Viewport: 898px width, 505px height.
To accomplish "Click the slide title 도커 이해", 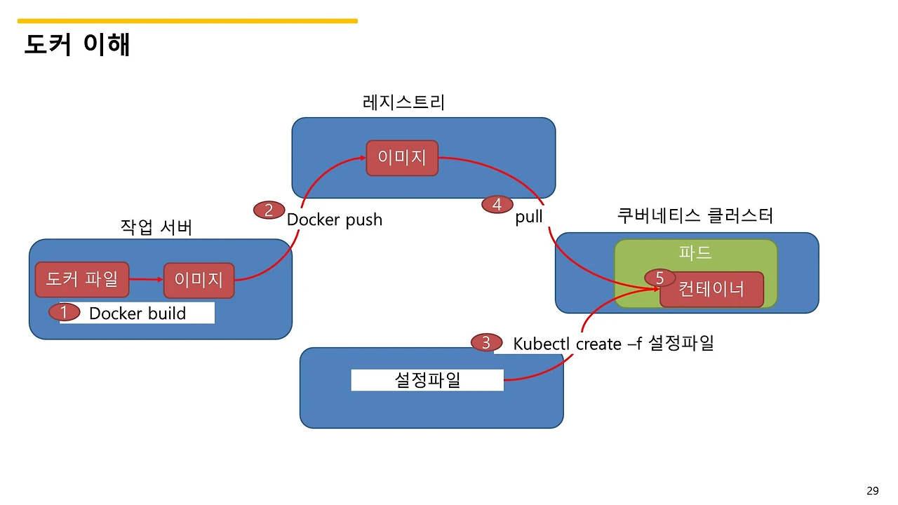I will (77, 45).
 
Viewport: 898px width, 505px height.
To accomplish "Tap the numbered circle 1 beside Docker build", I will (64, 312).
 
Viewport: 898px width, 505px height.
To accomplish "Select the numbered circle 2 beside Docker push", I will (269, 210).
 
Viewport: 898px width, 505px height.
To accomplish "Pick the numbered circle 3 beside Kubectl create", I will (486, 343).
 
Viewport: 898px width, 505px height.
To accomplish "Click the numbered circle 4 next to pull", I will (497, 205).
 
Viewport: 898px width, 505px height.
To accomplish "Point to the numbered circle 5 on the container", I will (659, 278).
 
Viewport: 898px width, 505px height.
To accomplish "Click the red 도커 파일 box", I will (82, 280).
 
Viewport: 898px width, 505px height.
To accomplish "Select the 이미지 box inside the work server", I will (199, 281).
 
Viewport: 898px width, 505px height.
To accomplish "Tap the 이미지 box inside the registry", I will (402, 158).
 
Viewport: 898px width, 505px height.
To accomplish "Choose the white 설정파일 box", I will (427, 380).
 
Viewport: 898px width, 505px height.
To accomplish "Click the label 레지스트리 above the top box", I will (403, 102).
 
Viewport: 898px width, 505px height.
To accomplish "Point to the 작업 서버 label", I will (156, 227).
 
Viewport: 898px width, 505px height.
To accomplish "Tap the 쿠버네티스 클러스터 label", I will (695, 215).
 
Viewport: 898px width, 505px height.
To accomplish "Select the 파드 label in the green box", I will (695, 252).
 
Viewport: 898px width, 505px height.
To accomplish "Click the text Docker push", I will (335, 220).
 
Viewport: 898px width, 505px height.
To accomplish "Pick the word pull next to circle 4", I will (529, 217).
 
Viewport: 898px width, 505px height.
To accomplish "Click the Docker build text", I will (138, 314).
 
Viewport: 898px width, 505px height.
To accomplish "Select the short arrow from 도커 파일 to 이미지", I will (146, 281).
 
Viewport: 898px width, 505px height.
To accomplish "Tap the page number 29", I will (873, 491).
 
